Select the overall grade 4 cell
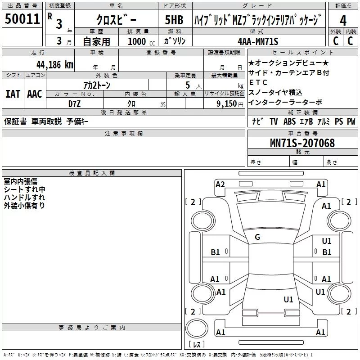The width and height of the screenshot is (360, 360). coord(343,20)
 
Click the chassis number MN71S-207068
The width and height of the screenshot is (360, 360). coord(302,143)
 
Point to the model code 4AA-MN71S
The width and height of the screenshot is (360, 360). coord(258,41)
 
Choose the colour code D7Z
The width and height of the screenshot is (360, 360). coord(75,103)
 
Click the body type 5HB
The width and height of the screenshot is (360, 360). coord(174,20)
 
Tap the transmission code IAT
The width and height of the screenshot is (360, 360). coord(13,94)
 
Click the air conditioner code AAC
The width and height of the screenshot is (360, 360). coord(35,94)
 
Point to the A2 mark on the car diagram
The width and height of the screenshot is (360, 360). coord(220,184)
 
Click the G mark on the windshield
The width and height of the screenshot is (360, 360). coord(257,237)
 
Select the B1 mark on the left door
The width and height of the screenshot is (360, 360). coord(216,252)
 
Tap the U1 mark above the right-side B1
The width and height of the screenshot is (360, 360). coord(327,241)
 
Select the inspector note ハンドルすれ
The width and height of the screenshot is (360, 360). coord(24,198)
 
